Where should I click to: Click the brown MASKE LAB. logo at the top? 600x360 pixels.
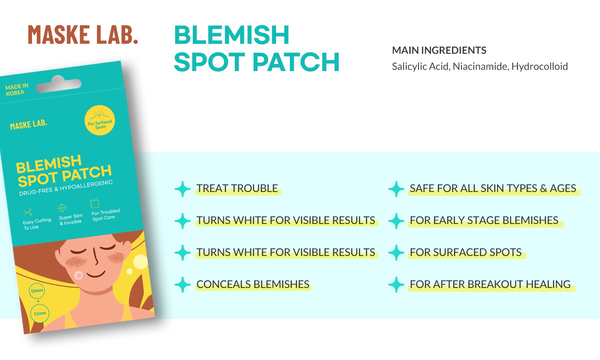[83, 35]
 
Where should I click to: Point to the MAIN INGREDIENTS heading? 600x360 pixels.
[439, 50]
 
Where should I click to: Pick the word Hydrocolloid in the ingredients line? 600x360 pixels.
[539, 66]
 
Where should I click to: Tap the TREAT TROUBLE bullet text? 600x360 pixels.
[237, 188]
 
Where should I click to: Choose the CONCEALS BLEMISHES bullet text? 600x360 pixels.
[253, 284]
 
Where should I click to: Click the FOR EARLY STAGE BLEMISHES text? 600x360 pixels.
[484, 220]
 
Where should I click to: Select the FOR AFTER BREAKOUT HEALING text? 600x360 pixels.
[490, 284]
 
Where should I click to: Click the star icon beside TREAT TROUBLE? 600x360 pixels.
[183, 189]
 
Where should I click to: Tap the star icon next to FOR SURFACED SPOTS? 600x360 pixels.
[396, 253]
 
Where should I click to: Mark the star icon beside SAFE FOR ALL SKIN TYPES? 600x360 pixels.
[396, 189]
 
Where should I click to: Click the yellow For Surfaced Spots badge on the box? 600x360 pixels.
[100, 120]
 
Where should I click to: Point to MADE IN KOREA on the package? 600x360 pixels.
[16, 90]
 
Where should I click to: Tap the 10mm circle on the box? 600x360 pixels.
[37, 291]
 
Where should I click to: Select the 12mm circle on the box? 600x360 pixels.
[40, 313]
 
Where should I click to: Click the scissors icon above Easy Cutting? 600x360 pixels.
[27, 212]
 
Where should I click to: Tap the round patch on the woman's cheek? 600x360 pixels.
[79, 275]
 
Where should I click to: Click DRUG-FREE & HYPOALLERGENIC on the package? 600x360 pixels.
[66, 188]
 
